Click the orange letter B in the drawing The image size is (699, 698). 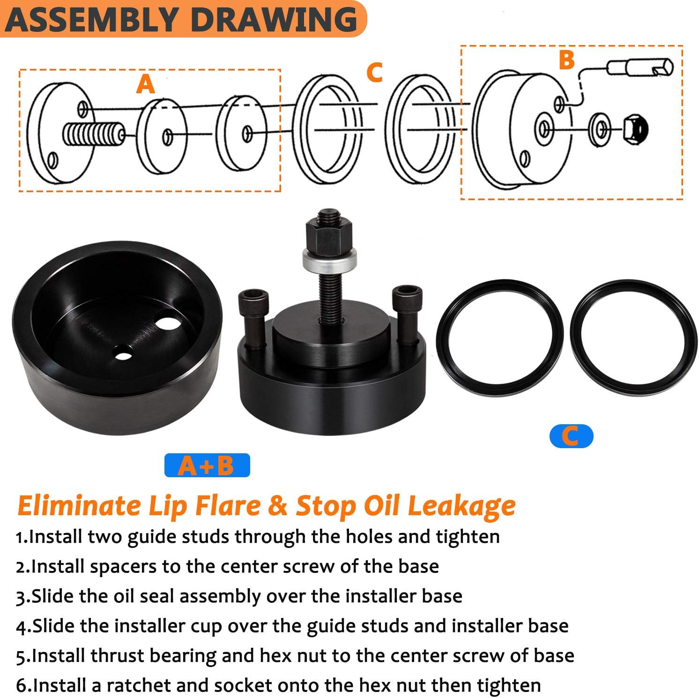(x=566, y=60)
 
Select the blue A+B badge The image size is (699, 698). (x=207, y=465)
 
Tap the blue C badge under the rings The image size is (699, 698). (x=571, y=436)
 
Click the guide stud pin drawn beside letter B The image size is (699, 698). (x=640, y=68)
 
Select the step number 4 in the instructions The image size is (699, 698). (x=22, y=626)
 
